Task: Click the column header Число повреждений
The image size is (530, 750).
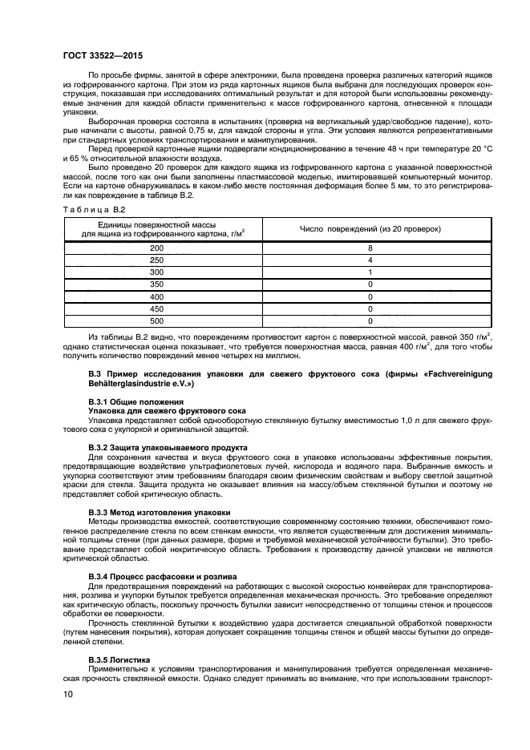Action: (x=370, y=228)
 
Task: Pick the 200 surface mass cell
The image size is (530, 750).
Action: (x=156, y=248)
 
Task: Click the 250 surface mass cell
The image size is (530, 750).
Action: (x=156, y=260)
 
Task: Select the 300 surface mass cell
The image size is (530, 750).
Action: (x=156, y=272)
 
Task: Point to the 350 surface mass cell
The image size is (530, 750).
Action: (x=156, y=284)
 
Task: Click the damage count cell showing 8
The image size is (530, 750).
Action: (x=370, y=248)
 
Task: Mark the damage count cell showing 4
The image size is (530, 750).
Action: (x=370, y=260)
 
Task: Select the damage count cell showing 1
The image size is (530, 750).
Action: (x=370, y=272)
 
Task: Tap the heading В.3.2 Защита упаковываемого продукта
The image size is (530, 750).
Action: (x=168, y=446)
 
